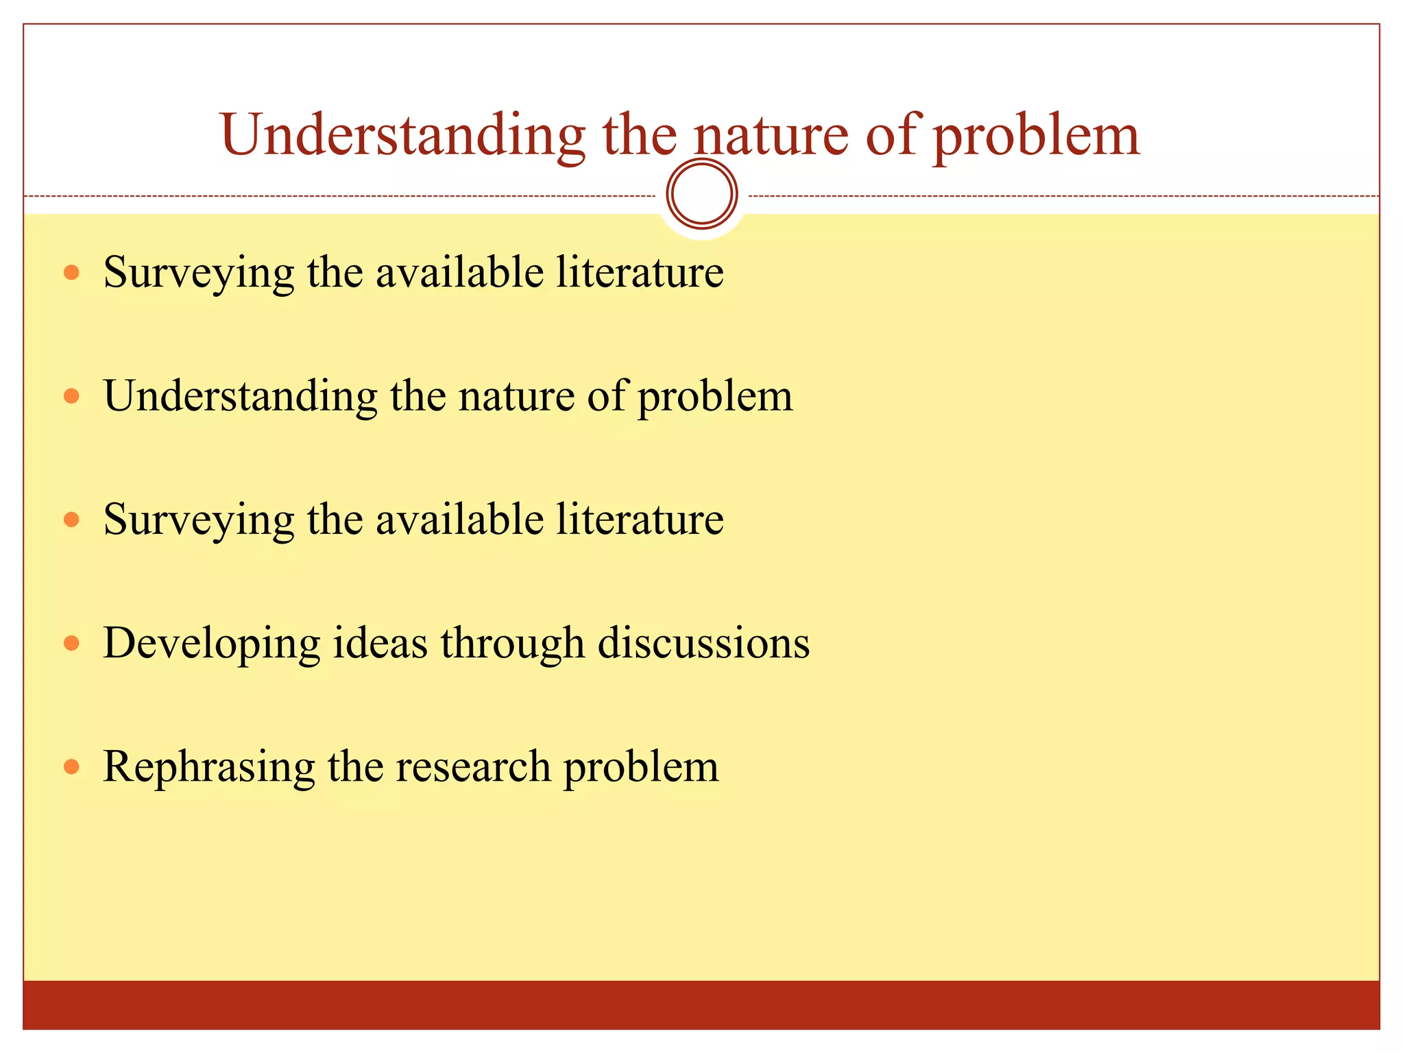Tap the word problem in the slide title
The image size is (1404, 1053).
click(1036, 135)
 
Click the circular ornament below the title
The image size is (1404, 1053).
click(702, 194)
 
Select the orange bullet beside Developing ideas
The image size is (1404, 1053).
click(71, 643)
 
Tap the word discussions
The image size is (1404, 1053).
click(703, 643)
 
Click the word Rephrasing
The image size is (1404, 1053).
click(208, 766)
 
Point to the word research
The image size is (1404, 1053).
click(473, 766)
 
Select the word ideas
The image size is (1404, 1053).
click(380, 643)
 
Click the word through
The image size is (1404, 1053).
click(512, 643)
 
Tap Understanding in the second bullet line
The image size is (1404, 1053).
click(241, 396)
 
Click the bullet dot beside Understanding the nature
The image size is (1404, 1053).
click(71, 396)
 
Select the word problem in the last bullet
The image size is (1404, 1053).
click(641, 766)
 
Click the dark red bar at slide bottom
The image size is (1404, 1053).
click(701, 1004)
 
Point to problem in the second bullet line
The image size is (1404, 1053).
click(715, 396)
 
